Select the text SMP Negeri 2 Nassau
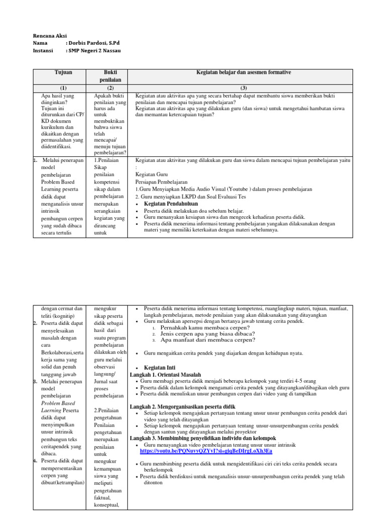[x=95, y=51]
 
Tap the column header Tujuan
[x=63, y=73]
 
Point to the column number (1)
[x=63, y=88]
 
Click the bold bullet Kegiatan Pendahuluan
[x=171, y=204]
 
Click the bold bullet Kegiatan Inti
[x=161, y=368]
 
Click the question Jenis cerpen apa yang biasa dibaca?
[x=207, y=333]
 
